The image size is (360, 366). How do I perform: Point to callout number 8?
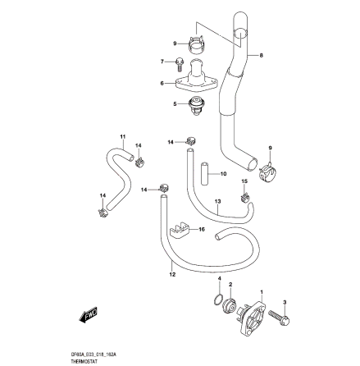tap(261, 56)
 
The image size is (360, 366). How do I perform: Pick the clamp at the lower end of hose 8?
tap(267, 172)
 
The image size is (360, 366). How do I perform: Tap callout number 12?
tap(171, 276)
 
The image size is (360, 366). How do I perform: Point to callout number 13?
tap(217, 199)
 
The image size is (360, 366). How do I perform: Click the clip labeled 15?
tap(243, 196)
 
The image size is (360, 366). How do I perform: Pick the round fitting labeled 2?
tap(230, 308)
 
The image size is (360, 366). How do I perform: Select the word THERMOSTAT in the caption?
tap(84, 359)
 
